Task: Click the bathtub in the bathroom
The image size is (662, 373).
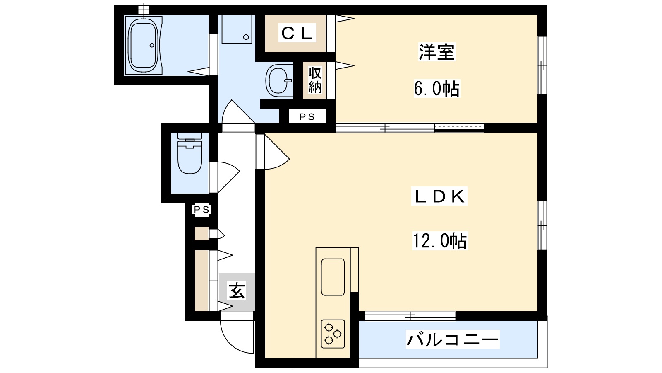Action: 143,45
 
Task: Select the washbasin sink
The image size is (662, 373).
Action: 278,80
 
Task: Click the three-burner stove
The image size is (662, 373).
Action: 333,334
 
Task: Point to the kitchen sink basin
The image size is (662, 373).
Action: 333,277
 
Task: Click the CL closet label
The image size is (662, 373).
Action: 296,33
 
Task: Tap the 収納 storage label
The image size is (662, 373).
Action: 315,80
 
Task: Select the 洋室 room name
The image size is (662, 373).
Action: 437,52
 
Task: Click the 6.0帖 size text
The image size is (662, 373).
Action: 437,89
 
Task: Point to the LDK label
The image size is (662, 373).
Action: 439,196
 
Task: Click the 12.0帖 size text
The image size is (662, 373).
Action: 439,240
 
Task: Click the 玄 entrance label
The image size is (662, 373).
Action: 237,291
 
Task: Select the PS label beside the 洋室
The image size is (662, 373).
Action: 307,117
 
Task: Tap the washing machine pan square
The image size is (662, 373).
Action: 237,29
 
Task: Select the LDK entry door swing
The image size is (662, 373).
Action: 275,153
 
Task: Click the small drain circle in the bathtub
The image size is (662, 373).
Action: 152,45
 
